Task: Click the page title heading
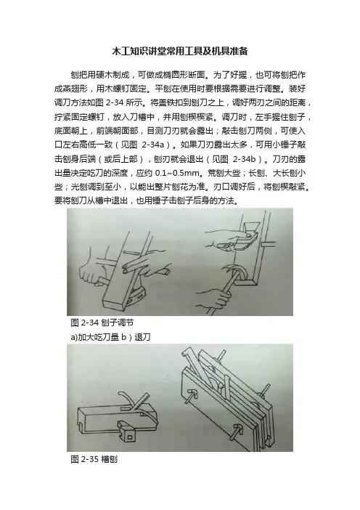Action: point(180,52)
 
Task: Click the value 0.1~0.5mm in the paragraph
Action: point(174,173)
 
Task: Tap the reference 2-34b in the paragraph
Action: point(245,158)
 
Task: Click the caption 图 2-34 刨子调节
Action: point(102,323)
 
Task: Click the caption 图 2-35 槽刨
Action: point(94,459)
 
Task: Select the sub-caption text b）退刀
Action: point(136,337)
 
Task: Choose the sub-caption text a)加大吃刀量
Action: point(94,337)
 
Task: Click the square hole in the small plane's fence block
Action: point(130,435)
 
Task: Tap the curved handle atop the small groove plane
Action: point(124,397)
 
